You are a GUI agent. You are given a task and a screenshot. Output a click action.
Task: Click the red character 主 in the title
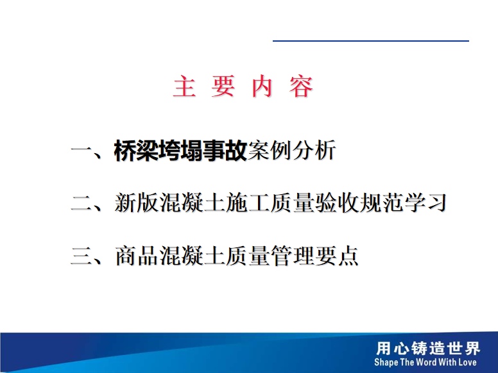pos(184,87)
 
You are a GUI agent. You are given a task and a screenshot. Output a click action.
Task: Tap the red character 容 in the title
pos(301,87)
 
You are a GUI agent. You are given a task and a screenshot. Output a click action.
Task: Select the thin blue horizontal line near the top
pos(371,40)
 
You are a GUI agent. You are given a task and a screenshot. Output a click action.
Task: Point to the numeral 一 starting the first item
pos(82,151)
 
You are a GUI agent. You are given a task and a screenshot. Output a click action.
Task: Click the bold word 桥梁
pos(136,151)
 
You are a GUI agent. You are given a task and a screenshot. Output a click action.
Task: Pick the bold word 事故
pos(225,151)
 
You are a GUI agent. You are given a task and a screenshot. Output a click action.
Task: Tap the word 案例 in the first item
pos(270,151)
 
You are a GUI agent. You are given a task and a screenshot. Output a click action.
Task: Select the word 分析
pos(314,151)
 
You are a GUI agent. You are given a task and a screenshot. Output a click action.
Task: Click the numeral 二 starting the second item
pos(82,203)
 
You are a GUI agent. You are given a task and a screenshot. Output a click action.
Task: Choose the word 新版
pos(136,203)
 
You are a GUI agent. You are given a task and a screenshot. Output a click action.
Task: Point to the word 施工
pos(247,203)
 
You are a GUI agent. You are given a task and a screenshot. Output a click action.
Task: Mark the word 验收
pos(336,203)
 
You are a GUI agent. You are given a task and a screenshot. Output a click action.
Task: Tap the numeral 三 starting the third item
pos(82,256)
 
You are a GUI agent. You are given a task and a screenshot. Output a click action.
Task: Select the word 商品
pos(136,256)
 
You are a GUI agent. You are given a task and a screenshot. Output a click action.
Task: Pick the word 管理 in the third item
pos(291,256)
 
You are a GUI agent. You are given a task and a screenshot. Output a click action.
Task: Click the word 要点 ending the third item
pos(336,256)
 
